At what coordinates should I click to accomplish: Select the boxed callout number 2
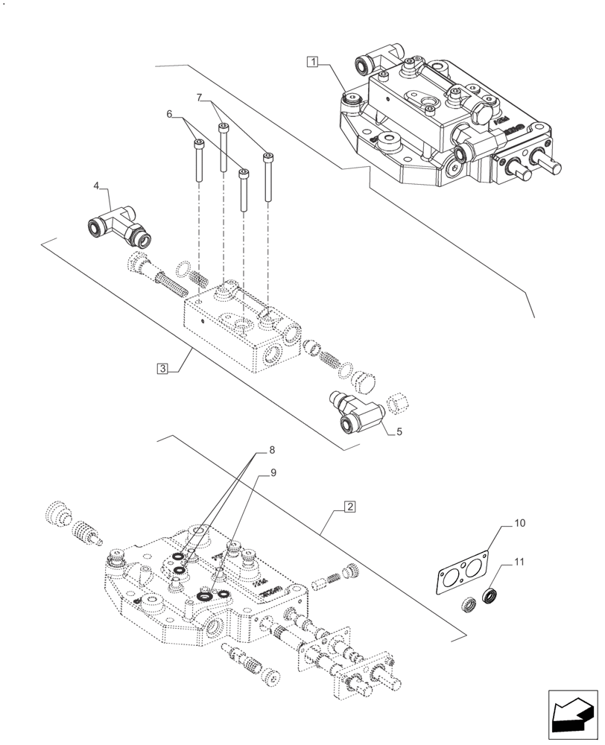[x=349, y=507]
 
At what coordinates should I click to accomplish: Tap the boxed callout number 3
[x=162, y=368]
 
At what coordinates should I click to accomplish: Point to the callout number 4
[x=97, y=185]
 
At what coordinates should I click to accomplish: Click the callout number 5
[x=400, y=431]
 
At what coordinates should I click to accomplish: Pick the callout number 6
[x=169, y=114]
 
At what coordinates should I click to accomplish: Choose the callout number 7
[x=200, y=98]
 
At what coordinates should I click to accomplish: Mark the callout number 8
[x=272, y=450]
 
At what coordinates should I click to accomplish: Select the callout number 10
[x=519, y=524]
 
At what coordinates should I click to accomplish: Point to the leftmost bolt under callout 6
[x=198, y=161]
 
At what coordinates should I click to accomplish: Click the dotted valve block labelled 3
[x=238, y=328]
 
